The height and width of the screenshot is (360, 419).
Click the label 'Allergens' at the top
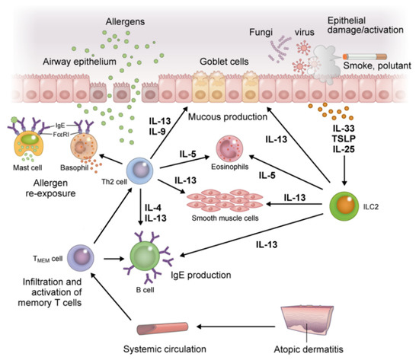127,16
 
